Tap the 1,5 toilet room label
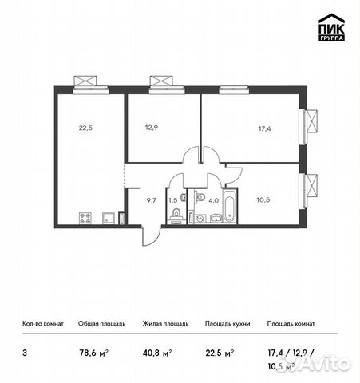[172, 199]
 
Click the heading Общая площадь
[99, 324]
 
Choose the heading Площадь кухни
[227, 324]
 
